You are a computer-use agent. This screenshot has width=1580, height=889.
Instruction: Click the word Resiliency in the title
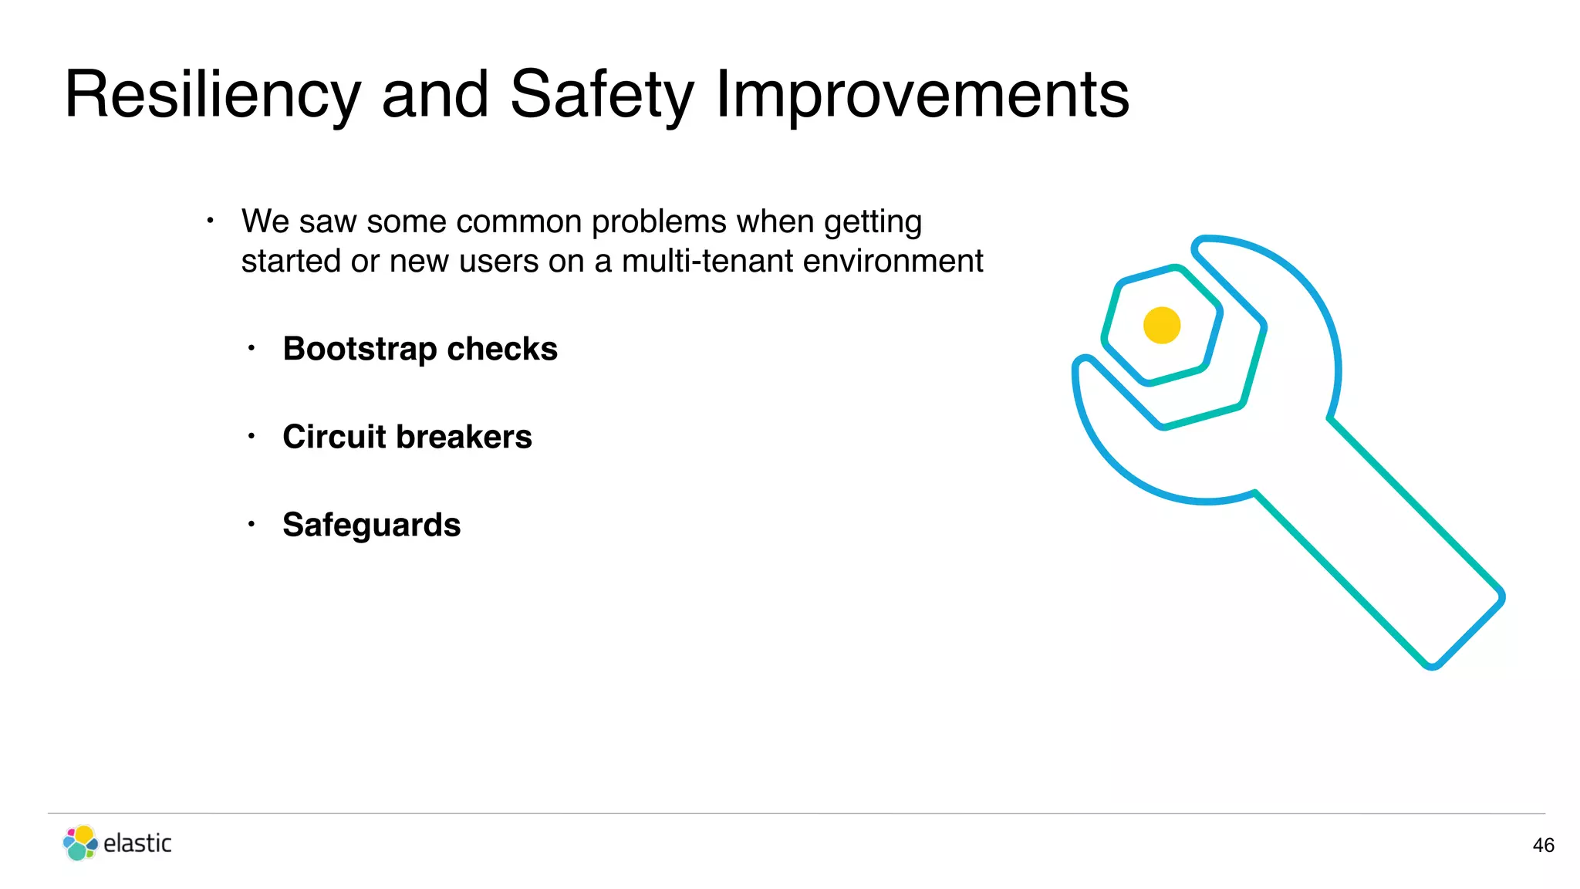[x=212, y=95]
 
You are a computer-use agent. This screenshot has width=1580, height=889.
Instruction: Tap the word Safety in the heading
[x=602, y=95]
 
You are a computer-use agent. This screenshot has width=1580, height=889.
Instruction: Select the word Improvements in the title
[x=922, y=95]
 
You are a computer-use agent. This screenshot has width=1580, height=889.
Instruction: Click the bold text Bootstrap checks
[x=420, y=349]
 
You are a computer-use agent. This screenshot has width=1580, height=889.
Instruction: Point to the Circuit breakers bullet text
[x=407, y=437]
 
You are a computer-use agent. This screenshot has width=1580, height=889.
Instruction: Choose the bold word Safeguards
[x=371, y=525]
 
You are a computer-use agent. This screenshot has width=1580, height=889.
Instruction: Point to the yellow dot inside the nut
[x=1162, y=325]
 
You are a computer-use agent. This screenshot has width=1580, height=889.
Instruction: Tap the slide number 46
[x=1543, y=846]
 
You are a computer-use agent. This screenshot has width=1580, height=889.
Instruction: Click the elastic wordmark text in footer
[x=137, y=843]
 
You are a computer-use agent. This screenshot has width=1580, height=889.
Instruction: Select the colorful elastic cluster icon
[x=79, y=843]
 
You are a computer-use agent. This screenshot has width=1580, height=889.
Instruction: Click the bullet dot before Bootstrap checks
[x=251, y=349]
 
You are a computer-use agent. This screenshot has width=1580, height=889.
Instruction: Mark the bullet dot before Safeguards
[x=251, y=525]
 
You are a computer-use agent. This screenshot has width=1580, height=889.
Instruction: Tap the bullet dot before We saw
[x=210, y=221]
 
